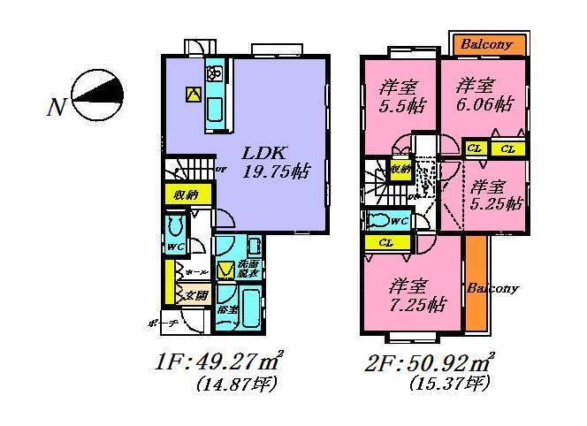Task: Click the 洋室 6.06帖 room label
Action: pyautogui.click(x=483, y=95)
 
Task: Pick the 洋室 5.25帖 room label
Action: pyautogui.click(x=495, y=194)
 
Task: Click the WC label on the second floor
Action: pyautogui.click(x=398, y=221)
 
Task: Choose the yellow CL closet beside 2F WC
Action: pyautogui.click(x=385, y=241)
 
